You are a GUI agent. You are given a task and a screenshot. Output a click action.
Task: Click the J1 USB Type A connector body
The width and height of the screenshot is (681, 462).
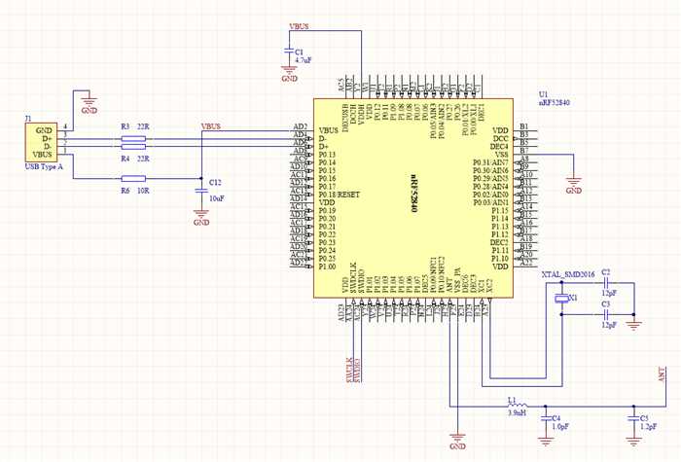40,143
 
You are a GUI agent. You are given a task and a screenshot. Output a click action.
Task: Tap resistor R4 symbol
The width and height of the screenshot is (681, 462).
132,148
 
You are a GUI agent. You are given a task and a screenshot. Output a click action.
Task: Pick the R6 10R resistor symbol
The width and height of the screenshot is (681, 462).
132,178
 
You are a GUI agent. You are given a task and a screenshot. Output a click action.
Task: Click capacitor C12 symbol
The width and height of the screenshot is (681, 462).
201,185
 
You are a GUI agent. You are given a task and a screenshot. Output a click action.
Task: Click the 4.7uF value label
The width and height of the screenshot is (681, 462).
303,60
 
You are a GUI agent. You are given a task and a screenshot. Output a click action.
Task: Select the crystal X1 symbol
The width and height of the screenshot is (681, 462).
561,299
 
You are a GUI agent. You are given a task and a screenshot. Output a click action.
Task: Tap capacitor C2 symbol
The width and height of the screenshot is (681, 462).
605,284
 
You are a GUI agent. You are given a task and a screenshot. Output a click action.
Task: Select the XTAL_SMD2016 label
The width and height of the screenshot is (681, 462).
565,274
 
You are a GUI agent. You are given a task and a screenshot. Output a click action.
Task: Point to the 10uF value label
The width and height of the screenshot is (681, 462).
218,197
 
